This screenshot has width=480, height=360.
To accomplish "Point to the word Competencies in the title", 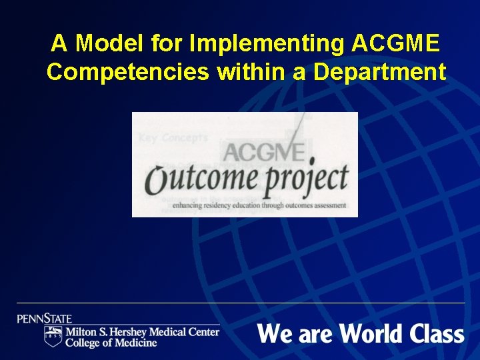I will point(127,72).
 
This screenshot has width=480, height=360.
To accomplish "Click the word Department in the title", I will point(379,72).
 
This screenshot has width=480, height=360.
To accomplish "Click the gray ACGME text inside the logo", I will point(264,150).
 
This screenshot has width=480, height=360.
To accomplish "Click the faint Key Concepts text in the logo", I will point(173,138).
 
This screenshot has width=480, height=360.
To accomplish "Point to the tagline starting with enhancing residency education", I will point(259,205).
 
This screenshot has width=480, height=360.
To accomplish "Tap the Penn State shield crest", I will point(53,336).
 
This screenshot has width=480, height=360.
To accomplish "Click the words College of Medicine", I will point(111,343).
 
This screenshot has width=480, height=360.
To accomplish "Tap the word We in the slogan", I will point(273,333).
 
